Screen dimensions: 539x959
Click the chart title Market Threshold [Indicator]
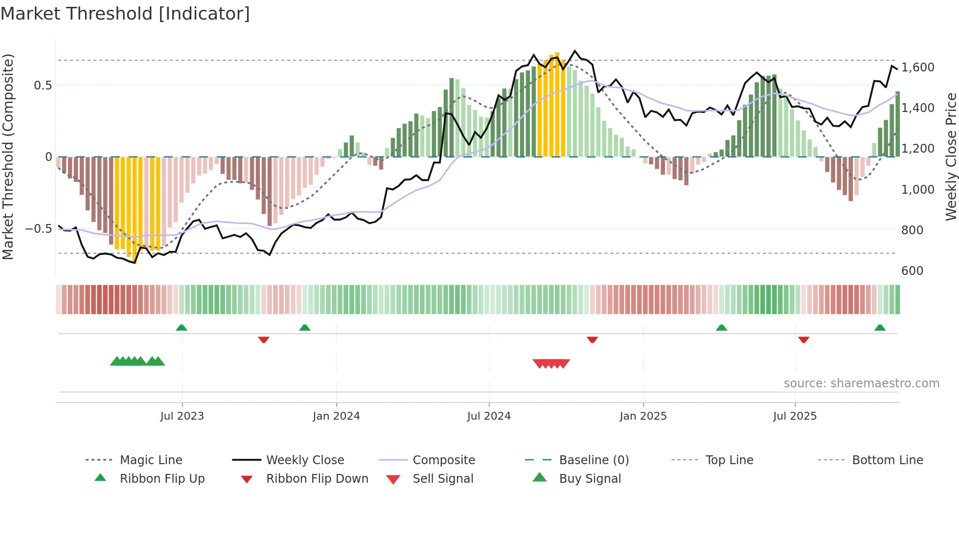click(125, 14)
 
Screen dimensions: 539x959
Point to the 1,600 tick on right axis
click(917, 67)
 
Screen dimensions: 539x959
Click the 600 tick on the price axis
click(912, 270)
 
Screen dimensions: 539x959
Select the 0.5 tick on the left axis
click(43, 85)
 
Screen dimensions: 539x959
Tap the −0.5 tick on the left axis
click(38, 228)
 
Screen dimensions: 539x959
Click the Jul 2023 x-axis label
click(182, 416)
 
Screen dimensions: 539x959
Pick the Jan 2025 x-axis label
click(643, 416)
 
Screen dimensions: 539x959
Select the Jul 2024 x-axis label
click(489, 416)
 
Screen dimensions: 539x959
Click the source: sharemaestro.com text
click(861, 383)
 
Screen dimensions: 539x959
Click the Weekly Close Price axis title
click(951, 157)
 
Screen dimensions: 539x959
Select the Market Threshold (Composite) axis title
click(8, 157)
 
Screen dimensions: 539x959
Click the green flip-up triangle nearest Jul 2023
click(182, 327)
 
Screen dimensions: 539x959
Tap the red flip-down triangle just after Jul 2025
click(803, 339)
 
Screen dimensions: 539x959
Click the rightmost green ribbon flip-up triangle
click(880, 327)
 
